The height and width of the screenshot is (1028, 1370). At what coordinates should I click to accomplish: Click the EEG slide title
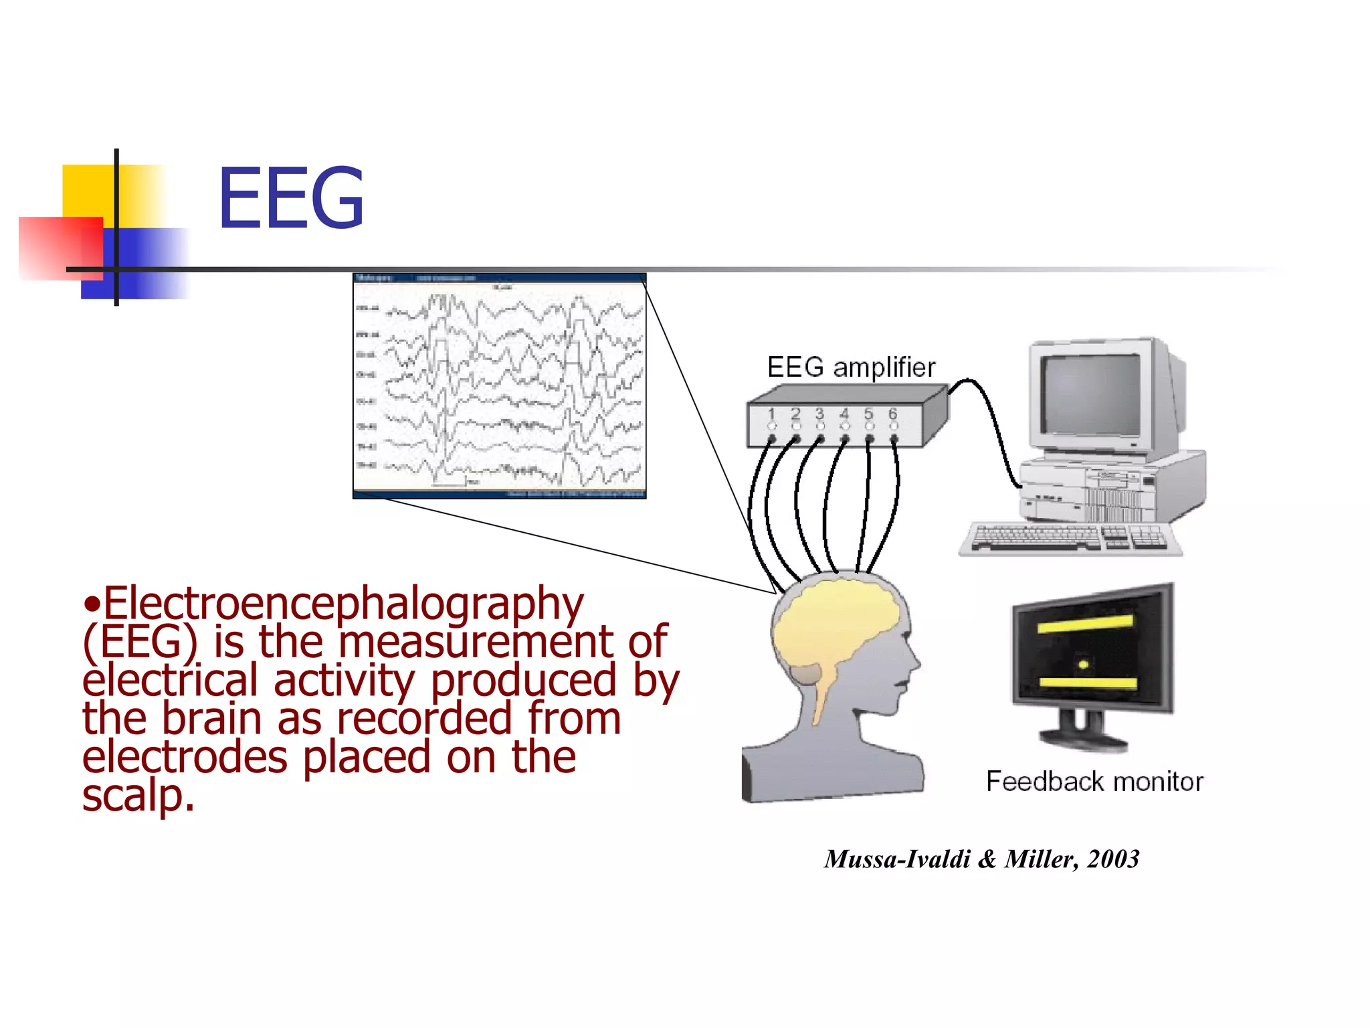pos(291,199)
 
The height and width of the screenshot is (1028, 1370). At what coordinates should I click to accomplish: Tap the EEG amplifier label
pos(850,367)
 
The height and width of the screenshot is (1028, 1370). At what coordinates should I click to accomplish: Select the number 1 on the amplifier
pos(771,414)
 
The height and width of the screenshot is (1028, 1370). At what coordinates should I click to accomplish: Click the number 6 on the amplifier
pos(892,414)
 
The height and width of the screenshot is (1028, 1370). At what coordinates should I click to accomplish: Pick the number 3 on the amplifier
pos(819,414)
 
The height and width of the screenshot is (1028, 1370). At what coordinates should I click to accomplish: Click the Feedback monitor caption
pos(1094,781)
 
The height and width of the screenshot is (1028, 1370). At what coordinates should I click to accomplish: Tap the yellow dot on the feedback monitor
pos(1084,664)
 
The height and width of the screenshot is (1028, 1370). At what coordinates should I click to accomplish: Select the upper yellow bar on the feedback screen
pos(1085,624)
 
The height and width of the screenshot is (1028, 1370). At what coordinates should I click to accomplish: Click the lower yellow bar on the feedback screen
pos(1088,683)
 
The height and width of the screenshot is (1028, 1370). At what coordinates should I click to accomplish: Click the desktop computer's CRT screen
pos(1090,395)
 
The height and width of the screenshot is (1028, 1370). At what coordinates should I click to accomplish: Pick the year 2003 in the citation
pos(1113,859)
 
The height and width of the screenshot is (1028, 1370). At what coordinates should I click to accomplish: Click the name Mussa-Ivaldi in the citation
pos(896,859)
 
